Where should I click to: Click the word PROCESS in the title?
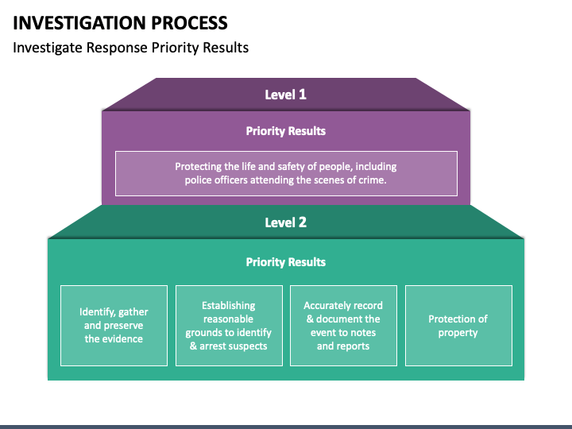[x=189, y=23]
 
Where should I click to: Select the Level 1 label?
[x=286, y=95]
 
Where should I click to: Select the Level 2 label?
[x=286, y=222]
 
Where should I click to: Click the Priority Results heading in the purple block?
[x=286, y=131]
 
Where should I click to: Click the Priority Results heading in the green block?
[x=286, y=262]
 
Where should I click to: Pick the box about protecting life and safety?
[x=286, y=174]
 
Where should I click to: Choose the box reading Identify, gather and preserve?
[x=114, y=326]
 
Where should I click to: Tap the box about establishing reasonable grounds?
[x=229, y=326]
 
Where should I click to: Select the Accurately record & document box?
[x=344, y=326]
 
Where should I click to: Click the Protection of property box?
[x=458, y=326]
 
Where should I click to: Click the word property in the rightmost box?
[x=458, y=333]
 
